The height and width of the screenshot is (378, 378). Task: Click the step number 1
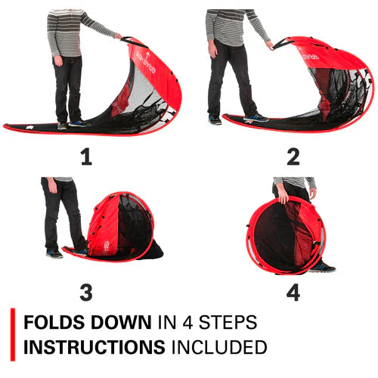tap(85, 156)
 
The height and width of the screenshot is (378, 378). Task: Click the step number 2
tap(293, 156)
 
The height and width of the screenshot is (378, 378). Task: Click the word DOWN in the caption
tap(120, 322)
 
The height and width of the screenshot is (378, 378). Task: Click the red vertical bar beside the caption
tap(13, 334)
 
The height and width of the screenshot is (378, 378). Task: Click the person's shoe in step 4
tap(321, 266)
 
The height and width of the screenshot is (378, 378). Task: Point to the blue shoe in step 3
tap(54, 254)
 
